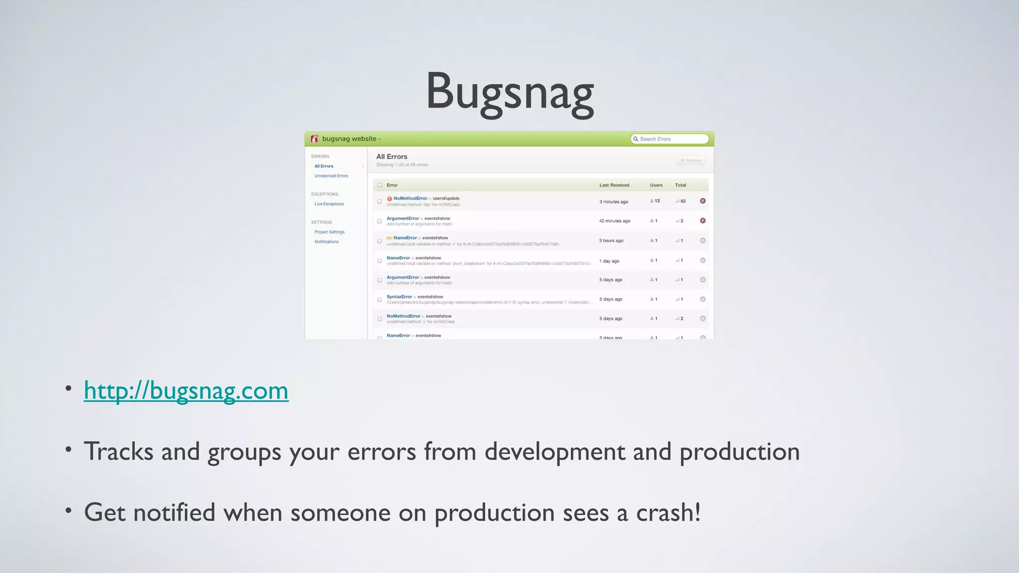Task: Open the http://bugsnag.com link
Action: tap(186, 390)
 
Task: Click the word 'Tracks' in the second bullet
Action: tap(118, 452)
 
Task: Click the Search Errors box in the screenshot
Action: tap(669, 139)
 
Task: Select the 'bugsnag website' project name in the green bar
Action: tap(349, 139)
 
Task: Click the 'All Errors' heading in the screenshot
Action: tap(392, 157)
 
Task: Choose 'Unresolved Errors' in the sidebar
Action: tap(331, 176)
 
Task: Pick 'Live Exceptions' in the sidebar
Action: tap(329, 204)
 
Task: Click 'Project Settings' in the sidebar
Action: tap(329, 232)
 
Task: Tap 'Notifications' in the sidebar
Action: tap(326, 242)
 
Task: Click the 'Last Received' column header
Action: tap(614, 185)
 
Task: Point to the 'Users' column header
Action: tap(656, 185)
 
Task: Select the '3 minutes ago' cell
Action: tap(613, 202)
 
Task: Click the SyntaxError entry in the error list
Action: tap(399, 297)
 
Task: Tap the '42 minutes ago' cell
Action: tap(614, 221)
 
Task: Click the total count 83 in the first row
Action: tap(683, 201)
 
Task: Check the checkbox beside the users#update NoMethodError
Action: tap(380, 202)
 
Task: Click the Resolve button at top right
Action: tap(691, 160)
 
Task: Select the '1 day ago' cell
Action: tap(609, 261)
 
